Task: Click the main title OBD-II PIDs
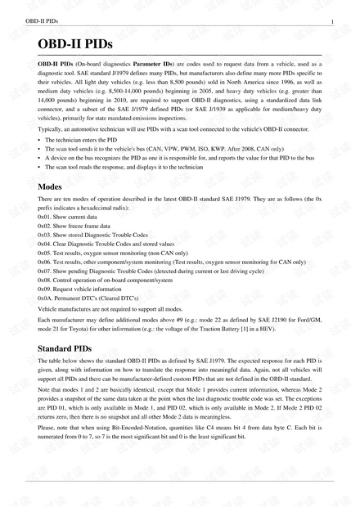[74, 43]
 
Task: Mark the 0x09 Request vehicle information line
[87, 289]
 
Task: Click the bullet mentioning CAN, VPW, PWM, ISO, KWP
[164, 150]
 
